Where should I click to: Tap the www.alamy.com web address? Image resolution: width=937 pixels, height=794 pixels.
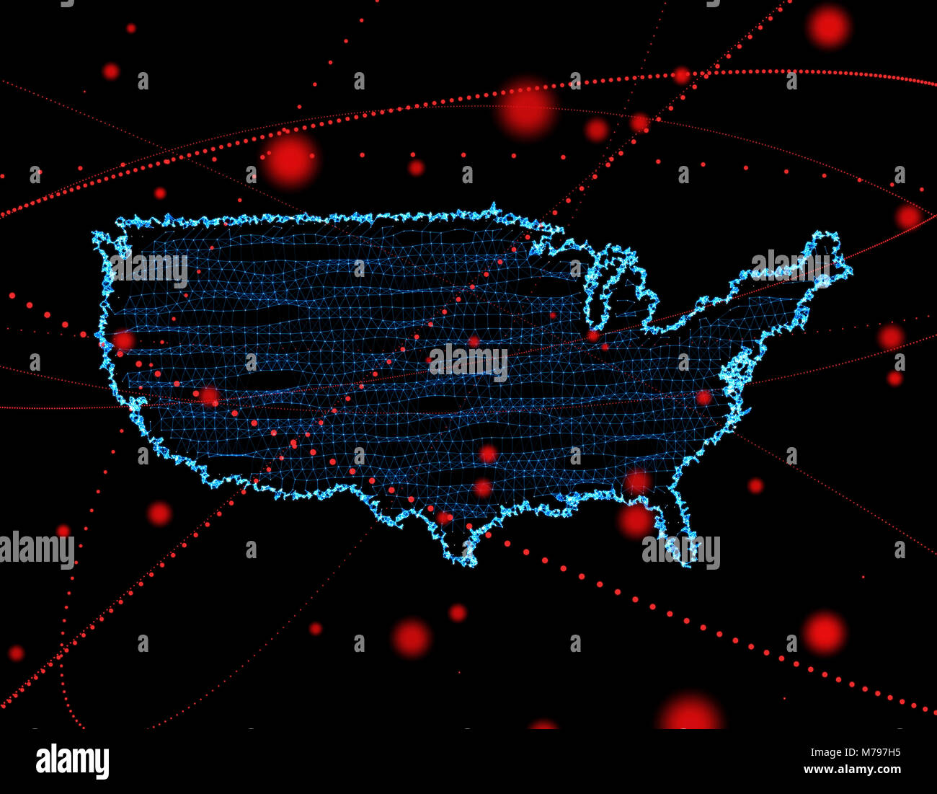pyautogui.click(x=852, y=769)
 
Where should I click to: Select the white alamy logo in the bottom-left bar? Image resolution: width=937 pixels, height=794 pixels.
pyautogui.click(x=72, y=761)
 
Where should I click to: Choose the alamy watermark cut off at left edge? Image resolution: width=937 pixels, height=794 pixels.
pyautogui.click(x=36, y=550)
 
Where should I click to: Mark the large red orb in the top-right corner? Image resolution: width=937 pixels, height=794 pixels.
pyautogui.click(x=828, y=26)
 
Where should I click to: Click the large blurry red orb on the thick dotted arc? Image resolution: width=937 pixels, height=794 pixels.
pyautogui.click(x=527, y=108)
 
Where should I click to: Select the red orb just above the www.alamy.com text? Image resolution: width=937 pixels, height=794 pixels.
pyautogui.click(x=824, y=632)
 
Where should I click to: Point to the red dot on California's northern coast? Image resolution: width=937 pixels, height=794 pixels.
pyautogui.click(x=123, y=340)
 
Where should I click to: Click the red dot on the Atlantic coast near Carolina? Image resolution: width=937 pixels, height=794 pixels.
pyautogui.click(x=703, y=397)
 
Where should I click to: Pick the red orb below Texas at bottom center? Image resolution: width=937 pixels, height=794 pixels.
pyautogui.click(x=411, y=638)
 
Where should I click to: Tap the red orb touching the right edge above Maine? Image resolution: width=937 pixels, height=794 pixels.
pyautogui.click(x=909, y=216)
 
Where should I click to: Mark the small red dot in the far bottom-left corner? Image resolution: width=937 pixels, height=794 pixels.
pyautogui.click(x=16, y=653)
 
